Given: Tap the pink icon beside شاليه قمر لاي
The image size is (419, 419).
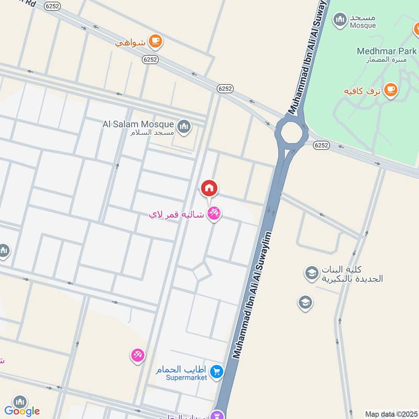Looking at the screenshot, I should [214, 213].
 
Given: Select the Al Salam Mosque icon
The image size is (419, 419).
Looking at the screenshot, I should [183, 126].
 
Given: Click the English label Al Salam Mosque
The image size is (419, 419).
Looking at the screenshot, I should [138, 124].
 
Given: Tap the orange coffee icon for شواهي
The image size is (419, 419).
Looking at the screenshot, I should [155, 41].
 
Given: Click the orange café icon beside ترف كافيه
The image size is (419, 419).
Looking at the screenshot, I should [390, 91].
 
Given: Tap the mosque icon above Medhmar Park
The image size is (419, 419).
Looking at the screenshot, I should [341, 19].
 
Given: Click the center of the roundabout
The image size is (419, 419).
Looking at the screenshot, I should [291, 134].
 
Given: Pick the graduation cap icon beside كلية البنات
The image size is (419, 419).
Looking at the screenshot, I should [312, 273].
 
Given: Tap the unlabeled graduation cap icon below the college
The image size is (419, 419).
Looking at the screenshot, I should [305, 302].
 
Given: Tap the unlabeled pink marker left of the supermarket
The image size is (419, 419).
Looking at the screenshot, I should [137, 356].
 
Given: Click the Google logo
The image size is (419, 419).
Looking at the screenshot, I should [22, 411].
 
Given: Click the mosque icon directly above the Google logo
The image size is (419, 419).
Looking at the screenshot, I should [20, 402].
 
